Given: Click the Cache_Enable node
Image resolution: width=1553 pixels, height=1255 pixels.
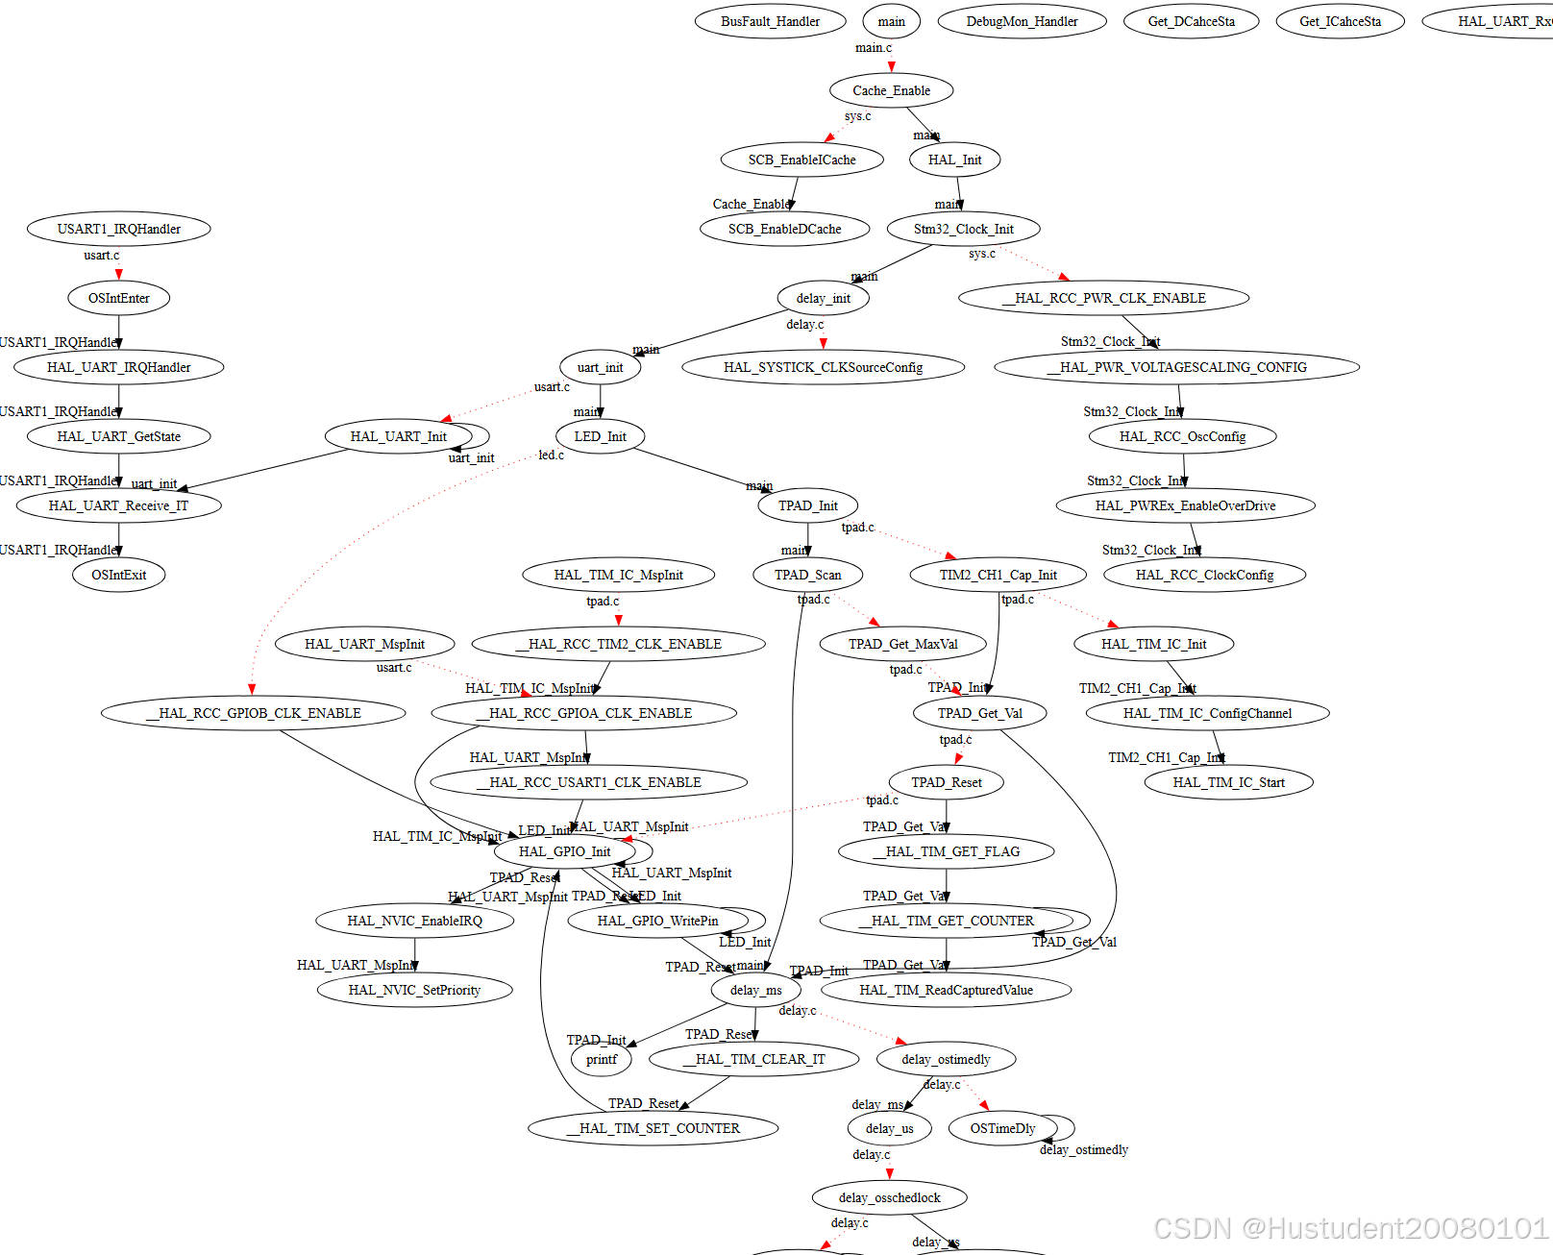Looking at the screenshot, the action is (891, 90).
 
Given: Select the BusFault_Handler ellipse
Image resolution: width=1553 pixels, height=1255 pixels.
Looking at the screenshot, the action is (770, 21).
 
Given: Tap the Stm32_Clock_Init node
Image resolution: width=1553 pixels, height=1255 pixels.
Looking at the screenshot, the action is (963, 229).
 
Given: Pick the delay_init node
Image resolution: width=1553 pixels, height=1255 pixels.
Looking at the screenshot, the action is (823, 298).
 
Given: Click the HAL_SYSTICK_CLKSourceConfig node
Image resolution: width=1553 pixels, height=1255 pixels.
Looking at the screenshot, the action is (823, 367).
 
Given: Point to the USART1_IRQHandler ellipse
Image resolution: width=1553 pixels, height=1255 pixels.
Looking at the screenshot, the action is (119, 229).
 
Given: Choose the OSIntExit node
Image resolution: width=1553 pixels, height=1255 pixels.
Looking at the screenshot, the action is (119, 575).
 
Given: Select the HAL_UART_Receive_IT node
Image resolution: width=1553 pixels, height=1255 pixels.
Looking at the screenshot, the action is (119, 505).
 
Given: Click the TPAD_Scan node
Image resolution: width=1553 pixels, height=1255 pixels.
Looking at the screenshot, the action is (807, 575).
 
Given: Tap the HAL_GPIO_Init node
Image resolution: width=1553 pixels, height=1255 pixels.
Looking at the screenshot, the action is (565, 851).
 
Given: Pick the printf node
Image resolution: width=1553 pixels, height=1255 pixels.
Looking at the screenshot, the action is (602, 1059).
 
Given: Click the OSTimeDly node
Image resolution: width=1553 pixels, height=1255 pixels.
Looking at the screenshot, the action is (1002, 1128).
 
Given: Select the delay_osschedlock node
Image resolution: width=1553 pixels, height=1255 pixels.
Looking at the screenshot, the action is (889, 1197).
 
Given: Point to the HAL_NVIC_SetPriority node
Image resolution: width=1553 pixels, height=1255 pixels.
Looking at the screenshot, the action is (414, 990).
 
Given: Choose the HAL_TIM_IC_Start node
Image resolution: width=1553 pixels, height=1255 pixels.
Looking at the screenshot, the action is (1228, 782).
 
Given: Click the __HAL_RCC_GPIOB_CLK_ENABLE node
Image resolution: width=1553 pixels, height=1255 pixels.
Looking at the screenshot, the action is (254, 713).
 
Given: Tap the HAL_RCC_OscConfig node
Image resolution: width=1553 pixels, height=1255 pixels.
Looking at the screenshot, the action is (1182, 436).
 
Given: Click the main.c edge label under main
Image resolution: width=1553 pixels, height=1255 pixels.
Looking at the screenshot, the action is (874, 48).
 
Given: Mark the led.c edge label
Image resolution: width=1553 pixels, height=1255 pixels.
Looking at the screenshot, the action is (552, 455).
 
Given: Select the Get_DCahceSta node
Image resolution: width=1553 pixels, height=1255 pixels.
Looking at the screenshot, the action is (1191, 21).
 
